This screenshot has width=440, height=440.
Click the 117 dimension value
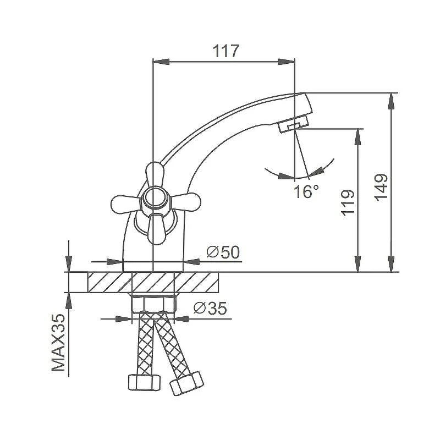tap(226, 51)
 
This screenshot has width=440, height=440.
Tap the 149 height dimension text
tap(381, 187)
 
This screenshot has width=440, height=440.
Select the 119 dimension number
tap(348, 203)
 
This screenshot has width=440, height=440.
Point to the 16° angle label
tap(306, 191)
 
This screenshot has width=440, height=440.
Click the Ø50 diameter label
tap(223, 252)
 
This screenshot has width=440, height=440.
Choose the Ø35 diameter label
tap(210, 309)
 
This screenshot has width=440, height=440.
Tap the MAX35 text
tap(58, 342)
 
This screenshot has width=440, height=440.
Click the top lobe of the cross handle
tap(155, 174)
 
